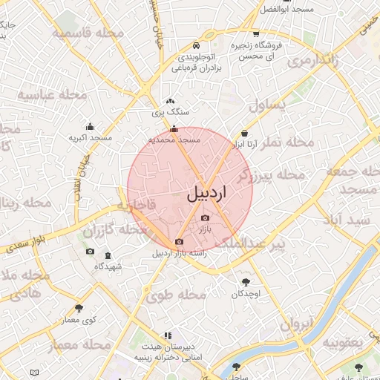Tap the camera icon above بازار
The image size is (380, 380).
205,218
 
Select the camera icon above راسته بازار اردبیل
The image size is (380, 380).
179,242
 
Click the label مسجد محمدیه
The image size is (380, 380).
174,139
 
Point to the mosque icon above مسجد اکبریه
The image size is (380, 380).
91,126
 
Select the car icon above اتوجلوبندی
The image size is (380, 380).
194,44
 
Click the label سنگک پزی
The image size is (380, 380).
171,112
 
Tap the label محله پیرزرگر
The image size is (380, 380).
271,175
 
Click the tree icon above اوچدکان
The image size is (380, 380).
246,282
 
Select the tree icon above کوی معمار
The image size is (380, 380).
79,308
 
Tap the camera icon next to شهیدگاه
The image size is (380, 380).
91,252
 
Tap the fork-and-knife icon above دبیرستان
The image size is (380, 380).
168,336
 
